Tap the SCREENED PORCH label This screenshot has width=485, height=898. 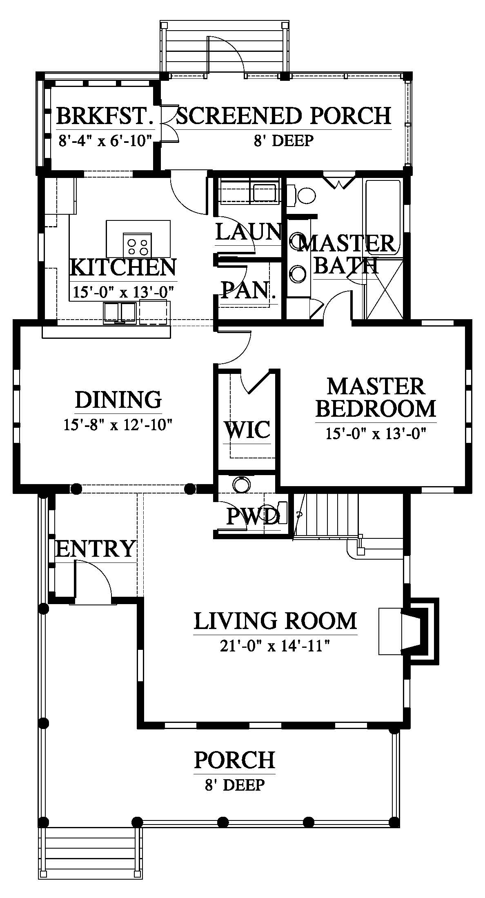tap(283, 116)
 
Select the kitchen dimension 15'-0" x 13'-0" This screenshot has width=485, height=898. tap(124, 292)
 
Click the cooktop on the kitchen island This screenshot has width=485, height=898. tap(138, 245)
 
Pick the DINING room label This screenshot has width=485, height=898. tap(118, 400)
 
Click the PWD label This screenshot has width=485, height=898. tap(253, 517)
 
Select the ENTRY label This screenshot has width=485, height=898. tap(95, 549)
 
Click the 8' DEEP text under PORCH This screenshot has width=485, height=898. tap(235, 785)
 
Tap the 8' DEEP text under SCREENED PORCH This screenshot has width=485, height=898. tap(283, 140)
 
